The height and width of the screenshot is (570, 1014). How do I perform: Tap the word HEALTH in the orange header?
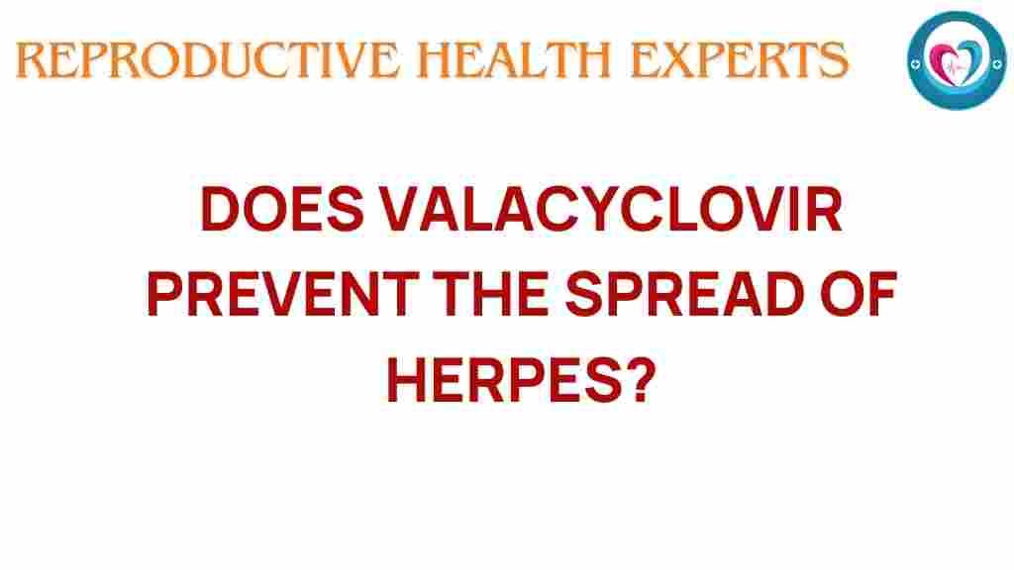tap(514, 60)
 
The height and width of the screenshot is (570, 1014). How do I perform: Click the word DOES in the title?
tap(282, 210)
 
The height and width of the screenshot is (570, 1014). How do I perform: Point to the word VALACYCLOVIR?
tap(610, 210)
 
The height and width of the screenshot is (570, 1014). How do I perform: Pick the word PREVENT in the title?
tap(282, 294)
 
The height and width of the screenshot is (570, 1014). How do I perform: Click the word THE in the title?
tap(491, 294)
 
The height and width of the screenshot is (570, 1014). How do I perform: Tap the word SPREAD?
tap(685, 294)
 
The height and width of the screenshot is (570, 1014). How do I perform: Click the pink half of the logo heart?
tap(943, 61)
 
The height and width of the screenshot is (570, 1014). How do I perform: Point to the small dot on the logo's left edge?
tap(915, 64)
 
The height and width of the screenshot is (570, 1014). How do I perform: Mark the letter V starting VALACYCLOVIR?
tap(398, 210)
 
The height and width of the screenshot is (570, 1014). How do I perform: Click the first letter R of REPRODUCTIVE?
tap(31, 60)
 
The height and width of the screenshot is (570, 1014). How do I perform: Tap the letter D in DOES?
tap(220, 210)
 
